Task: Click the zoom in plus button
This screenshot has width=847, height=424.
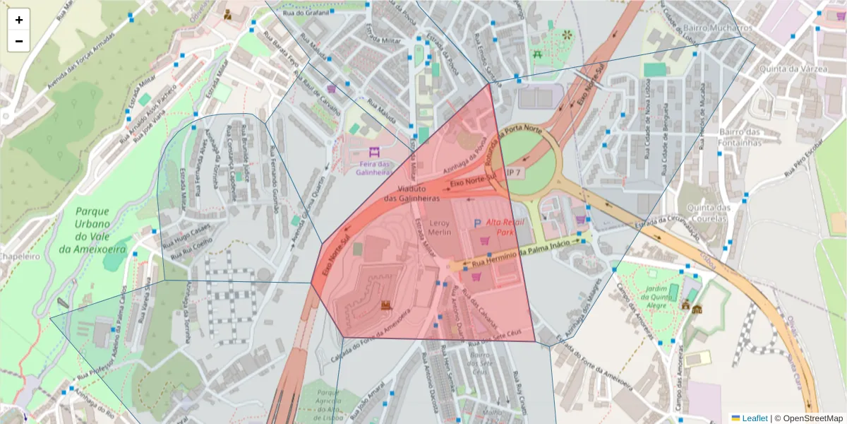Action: point(19,20)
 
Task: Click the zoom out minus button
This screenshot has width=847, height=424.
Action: point(19,41)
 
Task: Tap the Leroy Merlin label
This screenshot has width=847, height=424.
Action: point(435,227)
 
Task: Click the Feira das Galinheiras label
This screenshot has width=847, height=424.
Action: point(374,167)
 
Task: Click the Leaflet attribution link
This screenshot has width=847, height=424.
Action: point(749,418)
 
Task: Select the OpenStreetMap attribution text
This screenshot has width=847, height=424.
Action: point(808,418)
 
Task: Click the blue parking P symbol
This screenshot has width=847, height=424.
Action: point(477,224)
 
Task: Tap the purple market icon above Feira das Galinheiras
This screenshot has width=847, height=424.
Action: point(374,152)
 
